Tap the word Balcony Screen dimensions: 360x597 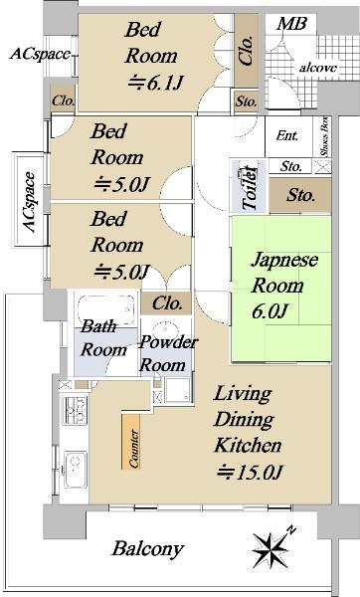coord(147,549)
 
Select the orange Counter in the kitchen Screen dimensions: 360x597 coord(130,442)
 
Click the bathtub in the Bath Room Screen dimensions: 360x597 coord(106,311)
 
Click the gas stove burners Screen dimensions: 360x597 coord(75,410)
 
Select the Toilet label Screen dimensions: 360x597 coord(250,187)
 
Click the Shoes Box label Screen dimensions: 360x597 coord(324,136)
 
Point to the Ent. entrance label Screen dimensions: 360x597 coord(287,135)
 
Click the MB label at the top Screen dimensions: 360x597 coord(291,24)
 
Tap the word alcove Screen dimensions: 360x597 coord(318,68)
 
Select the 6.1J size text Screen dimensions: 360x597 coord(156,83)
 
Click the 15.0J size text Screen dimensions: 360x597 coord(250,473)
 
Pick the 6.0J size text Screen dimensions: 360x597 coord(270,311)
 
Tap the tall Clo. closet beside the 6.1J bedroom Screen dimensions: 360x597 coord(247,51)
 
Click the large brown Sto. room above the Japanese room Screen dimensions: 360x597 coord(300,195)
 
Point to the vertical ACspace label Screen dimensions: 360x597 coord(30,202)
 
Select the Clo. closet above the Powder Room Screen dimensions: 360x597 coord(166,303)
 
